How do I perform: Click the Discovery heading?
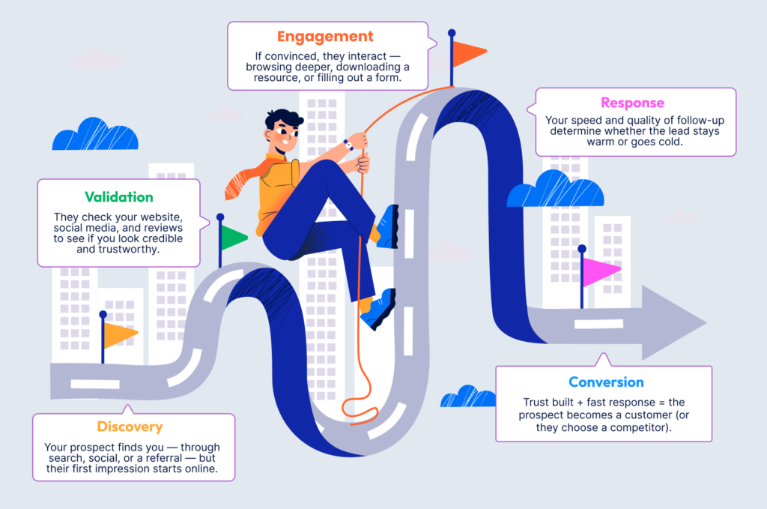tap(130, 427)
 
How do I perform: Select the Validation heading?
tap(118, 197)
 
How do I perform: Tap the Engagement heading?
tap(325, 36)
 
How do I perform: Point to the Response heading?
tap(632, 103)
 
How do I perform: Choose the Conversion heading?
tap(606, 382)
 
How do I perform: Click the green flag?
tap(234, 238)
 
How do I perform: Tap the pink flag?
tap(601, 271)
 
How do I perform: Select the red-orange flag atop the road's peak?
tap(469, 53)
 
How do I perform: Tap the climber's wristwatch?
tap(348, 145)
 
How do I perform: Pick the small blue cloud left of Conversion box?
tap(468, 397)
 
